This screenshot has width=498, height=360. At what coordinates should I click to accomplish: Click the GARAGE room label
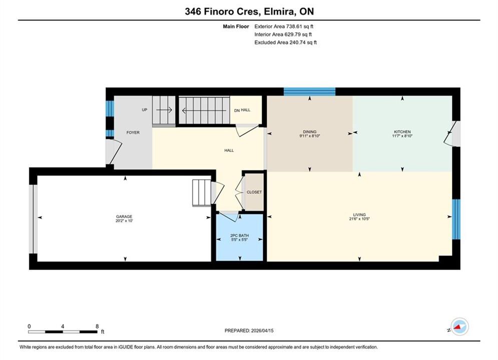pyautogui.click(x=124, y=216)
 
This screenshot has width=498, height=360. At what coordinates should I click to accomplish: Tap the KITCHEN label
pyautogui.click(x=402, y=131)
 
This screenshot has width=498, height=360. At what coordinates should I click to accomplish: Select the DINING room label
pyautogui.click(x=310, y=131)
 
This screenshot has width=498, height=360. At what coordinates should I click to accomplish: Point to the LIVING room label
pyautogui.click(x=359, y=214)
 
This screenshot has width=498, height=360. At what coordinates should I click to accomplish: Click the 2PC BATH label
pyautogui.click(x=239, y=235)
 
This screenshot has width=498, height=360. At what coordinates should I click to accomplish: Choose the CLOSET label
pyautogui.click(x=254, y=192)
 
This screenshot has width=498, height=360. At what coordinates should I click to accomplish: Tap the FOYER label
pyautogui.click(x=133, y=132)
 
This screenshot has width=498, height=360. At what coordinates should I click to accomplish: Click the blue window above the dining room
pyautogui.click(x=309, y=91)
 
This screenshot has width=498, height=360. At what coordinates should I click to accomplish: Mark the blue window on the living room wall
pyautogui.click(x=456, y=219)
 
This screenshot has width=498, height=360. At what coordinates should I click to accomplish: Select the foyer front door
pyautogui.click(x=114, y=152)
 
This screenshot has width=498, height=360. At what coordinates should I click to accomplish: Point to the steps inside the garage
pyautogui.click(x=201, y=193)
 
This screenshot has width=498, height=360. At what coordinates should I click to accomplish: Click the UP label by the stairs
pyautogui.click(x=145, y=109)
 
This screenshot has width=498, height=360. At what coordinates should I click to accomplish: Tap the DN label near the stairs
pyautogui.click(x=237, y=110)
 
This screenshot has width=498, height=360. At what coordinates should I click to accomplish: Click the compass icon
pyautogui.click(x=459, y=326)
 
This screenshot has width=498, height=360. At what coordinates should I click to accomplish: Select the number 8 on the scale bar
pyautogui.click(x=97, y=326)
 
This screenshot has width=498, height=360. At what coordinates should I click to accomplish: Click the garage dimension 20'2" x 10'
pyautogui.click(x=124, y=221)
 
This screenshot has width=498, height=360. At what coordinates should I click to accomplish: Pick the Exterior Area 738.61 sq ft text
pyautogui.click(x=284, y=26)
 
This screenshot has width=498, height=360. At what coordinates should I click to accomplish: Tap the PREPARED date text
pyautogui.click(x=249, y=330)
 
